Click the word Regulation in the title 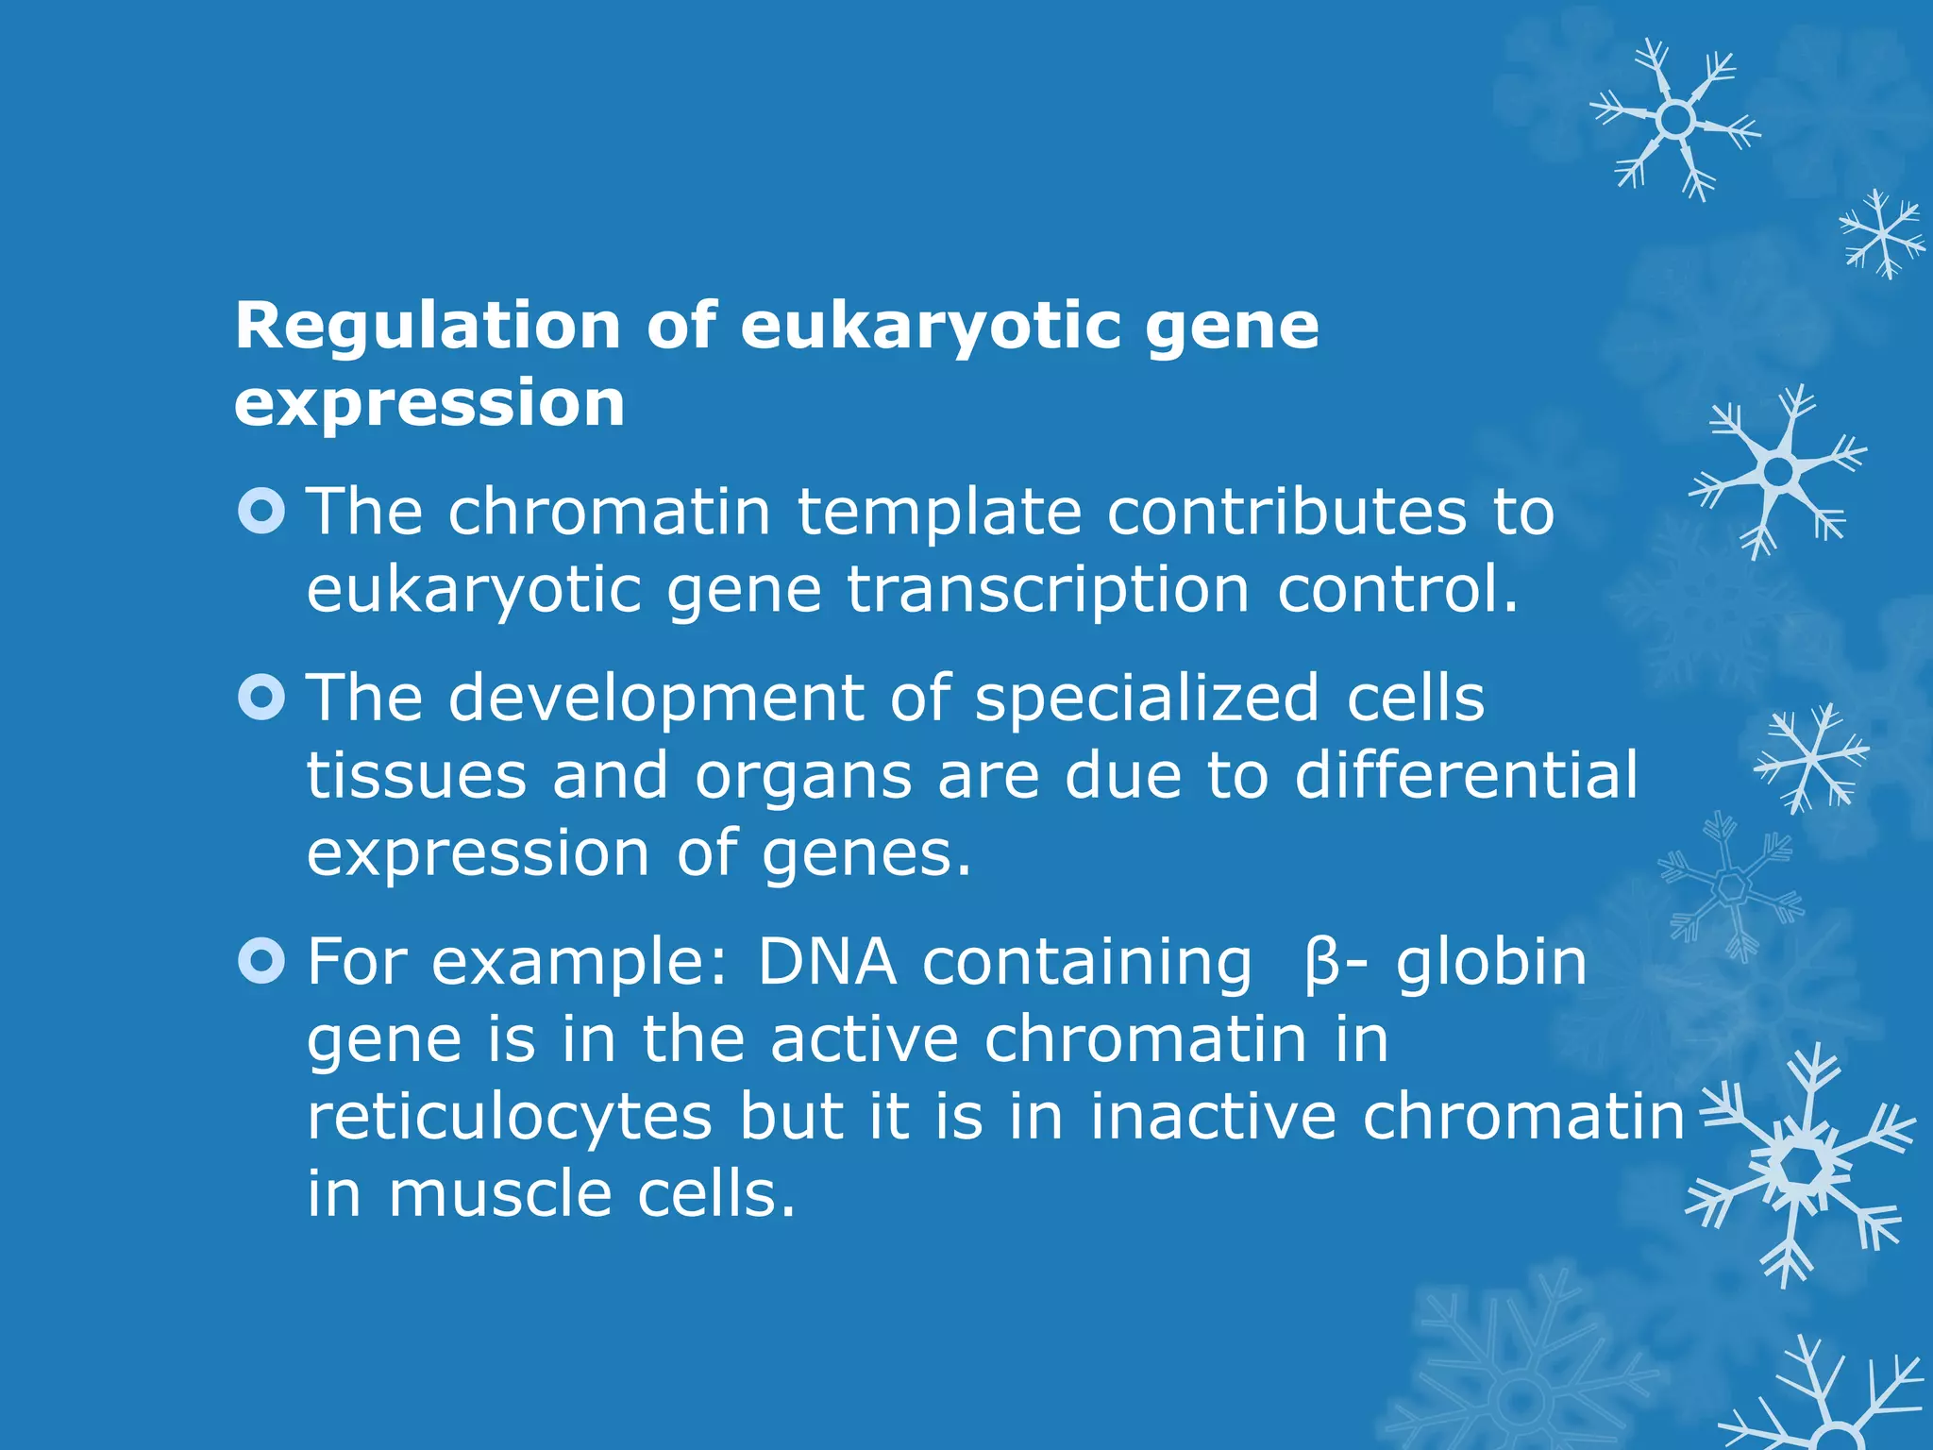coord(427,327)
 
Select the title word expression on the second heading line coord(429,404)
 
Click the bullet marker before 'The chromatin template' coord(261,512)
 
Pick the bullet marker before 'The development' coord(261,699)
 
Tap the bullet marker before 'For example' coord(261,962)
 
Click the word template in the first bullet coord(939,512)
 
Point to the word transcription coord(1048,590)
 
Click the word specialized coord(1147,699)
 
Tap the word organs coord(804,777)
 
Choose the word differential coord(1466,776)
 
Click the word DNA coord(827,962)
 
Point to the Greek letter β coord(1321,964)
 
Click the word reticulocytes coord(510,1118)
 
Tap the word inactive coord(1214,1117)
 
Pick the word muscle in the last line coord(500,1195)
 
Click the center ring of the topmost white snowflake coord(1676,120)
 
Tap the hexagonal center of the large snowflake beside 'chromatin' coord(1804,1167)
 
